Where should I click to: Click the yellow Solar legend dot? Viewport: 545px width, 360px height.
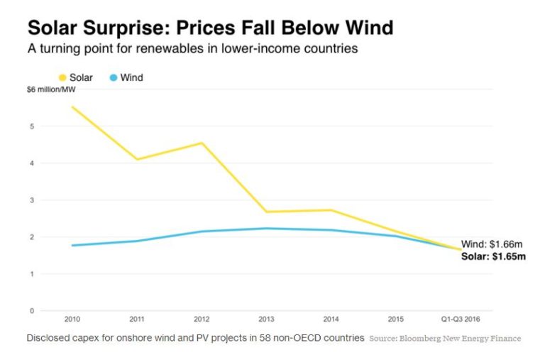tap(62, 77)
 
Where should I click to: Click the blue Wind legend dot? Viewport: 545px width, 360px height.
tap(114, 77)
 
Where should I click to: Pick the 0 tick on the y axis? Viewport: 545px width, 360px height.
tap(31, 310)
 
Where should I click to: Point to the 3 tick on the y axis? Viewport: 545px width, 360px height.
tap(31, 200)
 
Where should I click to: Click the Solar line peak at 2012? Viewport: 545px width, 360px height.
tap(202, 143)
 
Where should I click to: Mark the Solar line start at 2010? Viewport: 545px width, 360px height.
tap(72, 107)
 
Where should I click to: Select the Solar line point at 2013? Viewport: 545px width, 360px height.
tap(266, 212)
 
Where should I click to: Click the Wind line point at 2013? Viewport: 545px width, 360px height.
tap(266, 229)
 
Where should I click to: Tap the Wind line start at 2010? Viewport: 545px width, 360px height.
tap(72, 246)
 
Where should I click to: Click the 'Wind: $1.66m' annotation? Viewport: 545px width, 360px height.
tap(493, 244)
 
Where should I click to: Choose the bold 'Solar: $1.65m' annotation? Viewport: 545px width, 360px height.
tap(494, 255)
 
